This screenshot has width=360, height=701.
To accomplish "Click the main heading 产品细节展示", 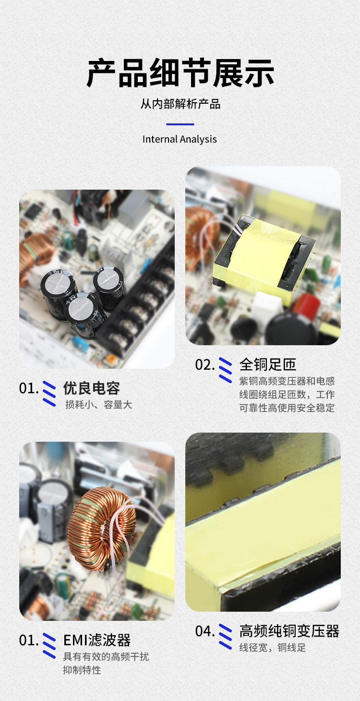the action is [180, 73].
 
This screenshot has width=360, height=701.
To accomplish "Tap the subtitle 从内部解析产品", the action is [180, 104].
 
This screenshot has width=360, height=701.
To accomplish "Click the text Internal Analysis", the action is [180, 139].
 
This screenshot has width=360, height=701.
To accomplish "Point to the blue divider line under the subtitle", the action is [180, 124].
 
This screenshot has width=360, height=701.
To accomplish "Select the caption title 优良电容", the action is [91, 388].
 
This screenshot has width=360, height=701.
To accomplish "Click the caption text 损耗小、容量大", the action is [98, 405].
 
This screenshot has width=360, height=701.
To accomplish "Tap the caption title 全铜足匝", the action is [268, 364].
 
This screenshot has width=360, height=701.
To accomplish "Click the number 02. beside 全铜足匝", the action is [204, 365].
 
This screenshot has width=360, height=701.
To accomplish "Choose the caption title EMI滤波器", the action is [97, 641].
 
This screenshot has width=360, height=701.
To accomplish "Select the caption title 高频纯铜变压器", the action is [289, 631].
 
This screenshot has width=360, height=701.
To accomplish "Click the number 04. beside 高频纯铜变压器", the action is [204, 631].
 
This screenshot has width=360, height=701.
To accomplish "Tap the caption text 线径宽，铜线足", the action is [273, 648].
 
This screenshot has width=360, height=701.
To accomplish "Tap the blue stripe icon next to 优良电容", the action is [49, 394].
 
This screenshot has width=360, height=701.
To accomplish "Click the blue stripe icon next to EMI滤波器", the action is [49, 646].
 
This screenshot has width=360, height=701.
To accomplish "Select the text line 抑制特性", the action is [82, 670].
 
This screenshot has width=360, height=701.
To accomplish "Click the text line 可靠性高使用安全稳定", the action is [287, 408].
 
